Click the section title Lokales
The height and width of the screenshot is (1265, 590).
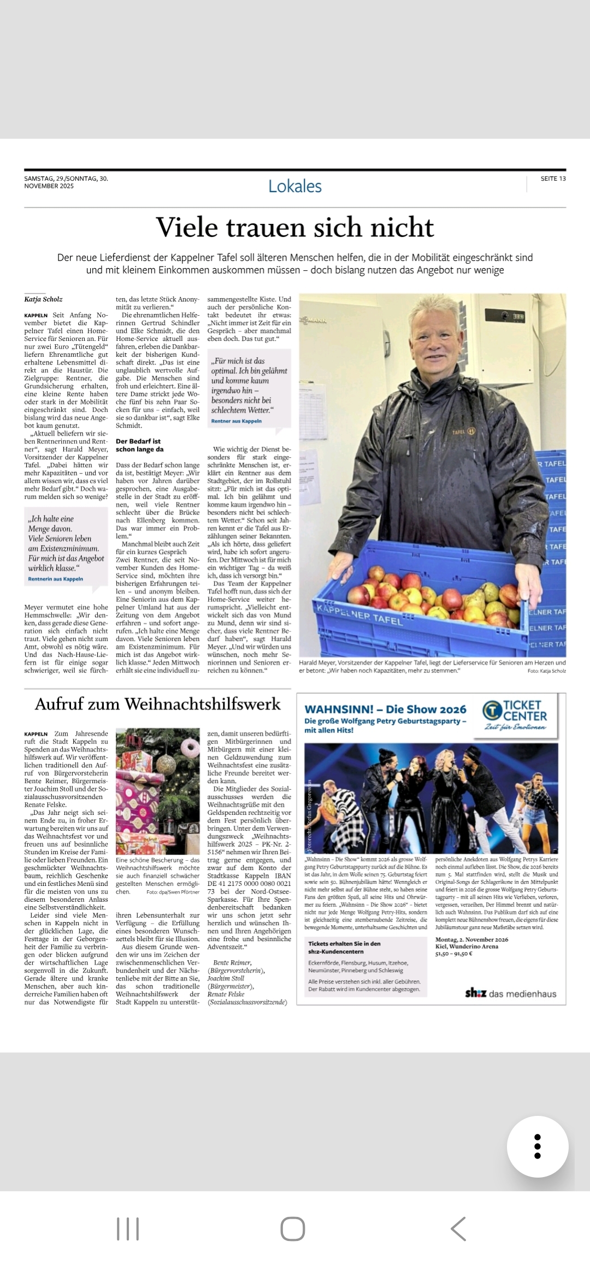point(295,186)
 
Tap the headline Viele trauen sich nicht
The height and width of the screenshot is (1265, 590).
point(295,227)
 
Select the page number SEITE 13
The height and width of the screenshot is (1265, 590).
point(553,179)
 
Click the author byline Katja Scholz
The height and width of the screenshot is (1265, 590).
point(43,299)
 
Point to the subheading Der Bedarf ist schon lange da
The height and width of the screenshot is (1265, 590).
point(139,445)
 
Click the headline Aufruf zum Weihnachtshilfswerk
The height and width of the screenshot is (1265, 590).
point(157,704)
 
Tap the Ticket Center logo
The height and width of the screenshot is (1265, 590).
point(515,715)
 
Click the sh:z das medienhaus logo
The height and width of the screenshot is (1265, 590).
point(510,994)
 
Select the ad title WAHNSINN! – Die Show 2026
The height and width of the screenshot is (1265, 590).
point(385,710)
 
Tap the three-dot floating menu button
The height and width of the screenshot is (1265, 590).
point(537,1146)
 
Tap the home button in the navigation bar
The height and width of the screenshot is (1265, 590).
point(292,1229)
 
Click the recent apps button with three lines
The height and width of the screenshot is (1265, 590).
point(128,1229)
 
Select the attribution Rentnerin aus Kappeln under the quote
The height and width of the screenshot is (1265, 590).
point(56,579)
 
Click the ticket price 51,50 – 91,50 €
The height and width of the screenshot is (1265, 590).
point(454,954)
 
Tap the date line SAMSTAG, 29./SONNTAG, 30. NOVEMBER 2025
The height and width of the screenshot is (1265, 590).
point(66,182)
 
